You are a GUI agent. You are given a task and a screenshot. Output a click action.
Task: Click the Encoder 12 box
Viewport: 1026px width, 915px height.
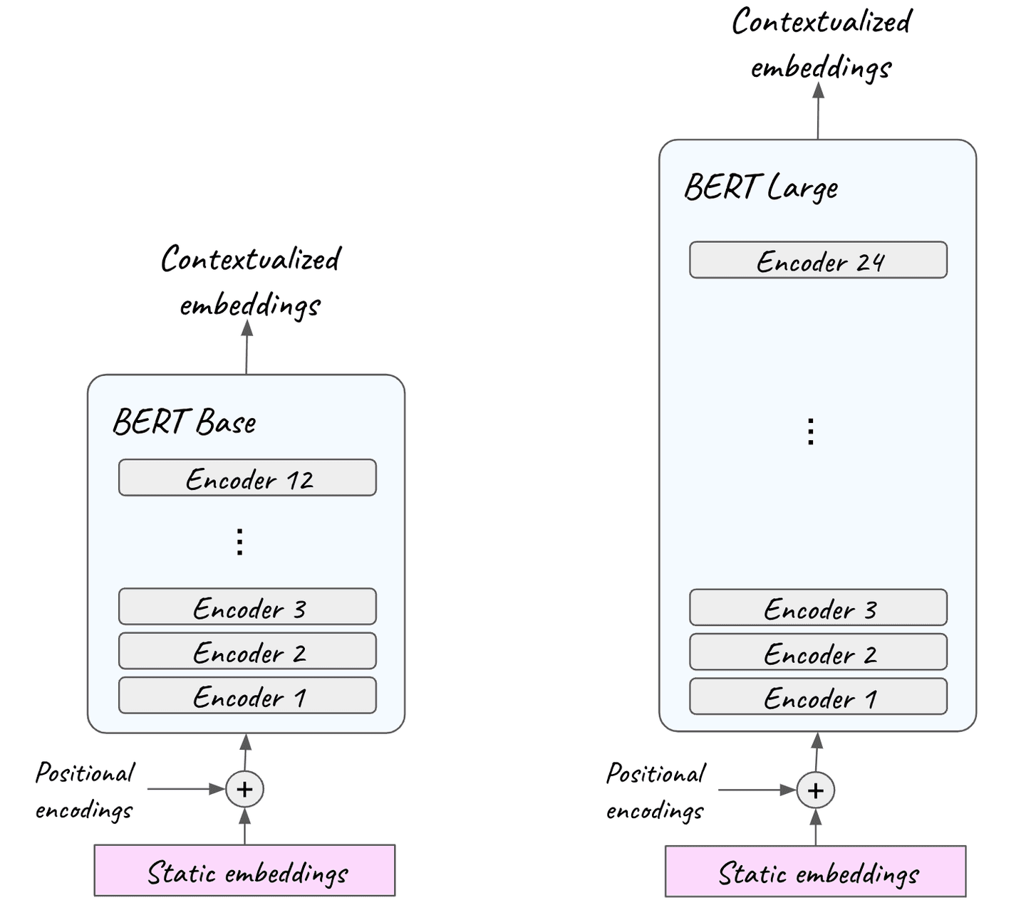pyautogui.click(x=247, y=478)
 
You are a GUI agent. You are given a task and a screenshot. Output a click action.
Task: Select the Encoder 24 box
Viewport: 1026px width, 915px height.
pyautogui.click(x=818, y=260)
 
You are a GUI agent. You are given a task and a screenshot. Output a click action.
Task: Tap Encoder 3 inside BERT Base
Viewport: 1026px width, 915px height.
pyautogui.click(x=247, y=607)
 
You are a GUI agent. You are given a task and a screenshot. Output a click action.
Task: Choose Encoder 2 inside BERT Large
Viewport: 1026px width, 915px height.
pyautogui.click(x=818, y=652)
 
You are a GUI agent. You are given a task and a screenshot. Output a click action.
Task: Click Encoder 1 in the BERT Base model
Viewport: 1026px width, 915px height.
pyautogui.click(x=247, y=696)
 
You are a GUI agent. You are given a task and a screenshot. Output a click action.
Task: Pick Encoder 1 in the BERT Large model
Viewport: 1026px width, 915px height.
pyautogui.click(x=818, y=697)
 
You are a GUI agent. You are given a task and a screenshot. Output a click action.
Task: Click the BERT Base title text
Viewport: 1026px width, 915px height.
pyautogui.click(x=185, y=422)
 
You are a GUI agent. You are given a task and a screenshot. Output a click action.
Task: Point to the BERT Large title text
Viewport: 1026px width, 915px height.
pyautogui.click(x=761, y=187)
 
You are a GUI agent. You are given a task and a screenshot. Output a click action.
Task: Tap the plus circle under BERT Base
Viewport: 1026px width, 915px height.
pyautogui.click(x=244, y=789)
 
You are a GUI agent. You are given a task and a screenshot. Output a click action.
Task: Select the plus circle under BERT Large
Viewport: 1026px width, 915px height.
pyautogui.click(x=816, y=790)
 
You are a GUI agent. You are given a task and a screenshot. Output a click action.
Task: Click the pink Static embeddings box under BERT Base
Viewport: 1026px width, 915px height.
pyautogui.click(x=244, y=871)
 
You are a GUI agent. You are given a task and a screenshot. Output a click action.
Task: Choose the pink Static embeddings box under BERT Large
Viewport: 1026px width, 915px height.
pyautogui.click(x=816, y=872)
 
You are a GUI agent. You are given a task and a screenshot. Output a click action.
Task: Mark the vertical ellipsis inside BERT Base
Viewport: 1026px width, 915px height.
pyautogui.click(x=240, y=542)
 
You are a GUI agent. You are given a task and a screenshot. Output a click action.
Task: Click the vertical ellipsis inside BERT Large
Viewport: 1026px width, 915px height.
pyautogui.click(x=811, y=432)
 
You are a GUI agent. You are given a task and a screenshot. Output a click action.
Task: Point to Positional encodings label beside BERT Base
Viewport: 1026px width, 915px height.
pyautogui.click(x=85, y=790)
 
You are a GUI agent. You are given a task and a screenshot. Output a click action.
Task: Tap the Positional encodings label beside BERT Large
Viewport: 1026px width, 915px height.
pyautogui.click(x=655, y=791)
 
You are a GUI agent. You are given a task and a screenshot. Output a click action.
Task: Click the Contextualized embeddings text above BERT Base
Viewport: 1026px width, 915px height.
pyautogui.click(x=250, y=281)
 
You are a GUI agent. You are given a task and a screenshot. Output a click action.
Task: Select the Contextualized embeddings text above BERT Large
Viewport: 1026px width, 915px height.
pyautogui.click(x=822, y=44)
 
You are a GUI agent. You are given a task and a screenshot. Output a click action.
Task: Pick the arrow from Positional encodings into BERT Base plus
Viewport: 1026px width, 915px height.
pyautogui.click(x=185, y=789)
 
